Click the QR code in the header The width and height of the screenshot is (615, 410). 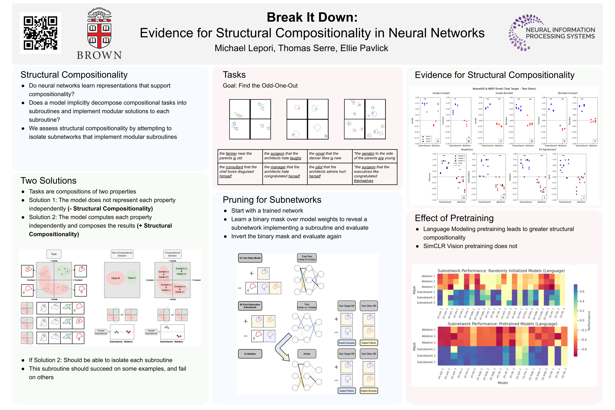pyautogui.click(x=41, y=33)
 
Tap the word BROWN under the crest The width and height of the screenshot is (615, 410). pyautogui.click(x=99, y=55)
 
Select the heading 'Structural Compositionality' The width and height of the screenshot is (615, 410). pyautogui.click(x=74, y=75)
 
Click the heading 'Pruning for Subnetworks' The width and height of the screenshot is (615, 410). pyautogui.click(x=272, y=200)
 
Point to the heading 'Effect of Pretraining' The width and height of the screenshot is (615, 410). pyautogui.click(x=454, y=218)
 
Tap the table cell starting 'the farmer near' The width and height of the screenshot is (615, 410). pyautogui.click(x=240, y=156)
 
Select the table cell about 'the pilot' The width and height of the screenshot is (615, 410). pyautogui.click(x=329, y=172)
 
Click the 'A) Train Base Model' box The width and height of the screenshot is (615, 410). pyautogui.click(x=250, y=258)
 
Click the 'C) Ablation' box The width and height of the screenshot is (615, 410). pyautogui.click(x=250, y=354)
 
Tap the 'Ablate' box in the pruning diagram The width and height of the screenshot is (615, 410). pyautogui.click(x=307, y=354)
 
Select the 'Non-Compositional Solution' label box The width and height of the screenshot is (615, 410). pyautogui.click(x=122, y=254)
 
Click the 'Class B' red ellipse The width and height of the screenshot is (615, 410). pyautogui.click(x=115, y=278)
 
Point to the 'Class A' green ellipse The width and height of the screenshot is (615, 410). pyautogui.click(x=131, y=278)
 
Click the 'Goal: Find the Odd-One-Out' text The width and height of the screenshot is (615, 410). pyautogui.click(x=260, y=85)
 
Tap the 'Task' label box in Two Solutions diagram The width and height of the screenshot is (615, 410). pyautogui.click(x=54, y=254)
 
